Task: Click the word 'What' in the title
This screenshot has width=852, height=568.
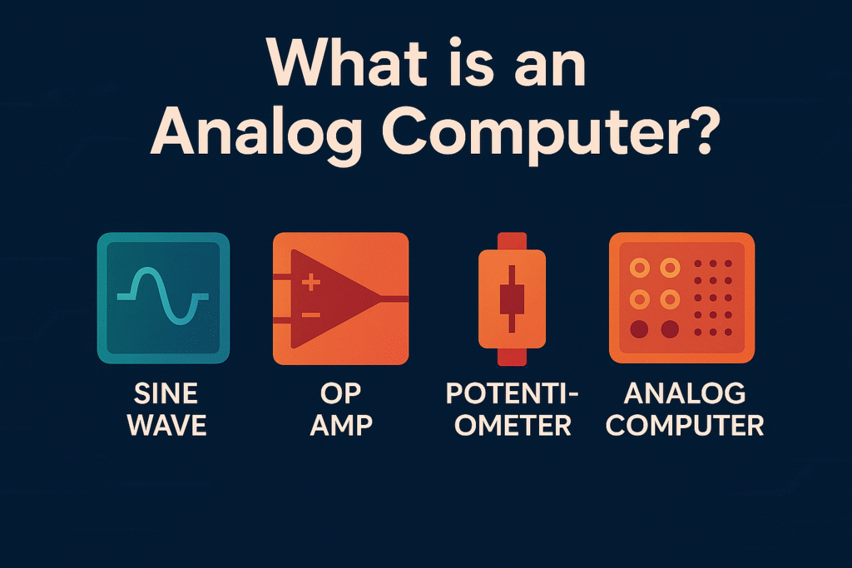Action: pyautogui.click(x=348, y=62)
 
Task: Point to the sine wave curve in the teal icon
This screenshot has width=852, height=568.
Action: pyautogui.click(x=163, y=297)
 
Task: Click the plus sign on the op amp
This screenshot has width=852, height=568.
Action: pyautogui.click(x=311, y=283)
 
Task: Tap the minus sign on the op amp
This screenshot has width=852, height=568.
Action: pyautogui.click(x=311, y=315)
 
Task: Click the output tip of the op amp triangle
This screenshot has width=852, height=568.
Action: pyautogui.click(x=382, y=299)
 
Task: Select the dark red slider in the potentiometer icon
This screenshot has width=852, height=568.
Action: pyautogui.click(x=512, y=299)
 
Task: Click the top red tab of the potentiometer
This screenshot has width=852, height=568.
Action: pyautogui.click(x=512, y=241)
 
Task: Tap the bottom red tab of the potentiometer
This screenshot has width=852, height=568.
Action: pyautogui.click(x=512, y=357)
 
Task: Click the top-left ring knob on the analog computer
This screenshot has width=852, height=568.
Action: pyautogui.click(x=640, y=268)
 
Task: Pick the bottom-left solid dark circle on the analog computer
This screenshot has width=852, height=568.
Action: pyautogui.click(x=639, y=329)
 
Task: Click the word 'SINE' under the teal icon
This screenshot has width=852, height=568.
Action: pyautogui.click(x=166, y=393)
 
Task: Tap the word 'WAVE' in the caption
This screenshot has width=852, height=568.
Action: pyautogui.click(x=166, y=425)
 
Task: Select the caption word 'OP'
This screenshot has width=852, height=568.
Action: pyautogui.click(x=340, y=393)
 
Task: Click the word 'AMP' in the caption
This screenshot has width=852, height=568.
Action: pyautogui.click(x=341, y=425)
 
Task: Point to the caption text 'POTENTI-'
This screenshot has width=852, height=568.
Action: pyautogui.click(x=513, y=393)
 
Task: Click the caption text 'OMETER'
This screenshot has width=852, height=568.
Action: pyautogui.click(x=513, y=425)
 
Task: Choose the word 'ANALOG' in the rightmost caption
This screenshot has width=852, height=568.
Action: pyautogui.click(x=685, y=393)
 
